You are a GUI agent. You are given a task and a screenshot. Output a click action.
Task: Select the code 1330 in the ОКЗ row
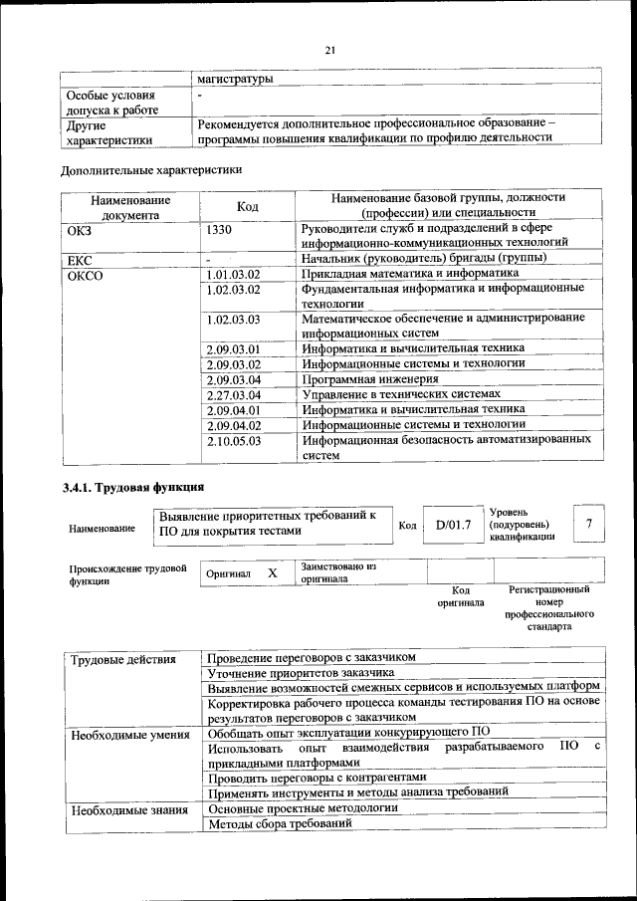tap(221, 228)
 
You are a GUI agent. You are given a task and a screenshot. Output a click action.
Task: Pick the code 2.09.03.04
tap(233, 379)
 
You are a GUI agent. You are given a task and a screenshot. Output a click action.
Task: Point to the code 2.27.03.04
tap(233, 395)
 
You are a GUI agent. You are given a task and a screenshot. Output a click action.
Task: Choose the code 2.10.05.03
tap(233, 439)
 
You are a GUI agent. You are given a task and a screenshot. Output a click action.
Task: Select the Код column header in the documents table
tap(248, 205)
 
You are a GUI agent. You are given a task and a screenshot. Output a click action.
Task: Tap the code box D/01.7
tap(453, 524)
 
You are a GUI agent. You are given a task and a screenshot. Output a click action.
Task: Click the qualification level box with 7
tap(589, 524)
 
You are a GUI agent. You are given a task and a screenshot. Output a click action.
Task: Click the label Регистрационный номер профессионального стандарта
tap(549, 609)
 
